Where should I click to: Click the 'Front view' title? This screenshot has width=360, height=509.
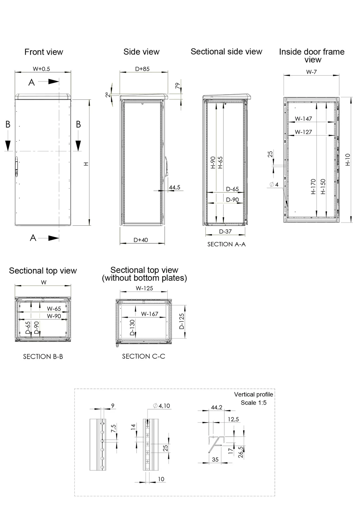[x=44, y=52]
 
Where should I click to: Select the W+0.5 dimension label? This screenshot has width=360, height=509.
[x=41, y=69]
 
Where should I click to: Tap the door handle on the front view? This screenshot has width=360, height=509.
[x=16, y=166]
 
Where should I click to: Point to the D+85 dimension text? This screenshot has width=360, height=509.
[x=142, y=69]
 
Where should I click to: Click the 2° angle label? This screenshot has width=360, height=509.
[x=108, y=95]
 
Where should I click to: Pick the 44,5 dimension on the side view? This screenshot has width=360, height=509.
[x=174, y=187]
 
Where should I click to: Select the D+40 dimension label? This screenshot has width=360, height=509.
[x=141, y=240]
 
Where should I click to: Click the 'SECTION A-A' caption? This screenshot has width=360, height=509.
[x=226, y=244]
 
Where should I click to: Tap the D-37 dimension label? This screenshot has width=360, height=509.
[x=225, y=231]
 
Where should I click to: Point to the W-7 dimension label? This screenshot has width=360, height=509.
[x=311, y=72]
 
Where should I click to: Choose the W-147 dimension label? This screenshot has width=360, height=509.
[x=303, y=119]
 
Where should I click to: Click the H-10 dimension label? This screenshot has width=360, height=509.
[x=348, y=159]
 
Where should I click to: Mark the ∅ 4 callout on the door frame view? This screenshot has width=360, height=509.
[x=274, y=184]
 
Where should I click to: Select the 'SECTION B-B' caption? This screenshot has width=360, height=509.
[x=43, y=357]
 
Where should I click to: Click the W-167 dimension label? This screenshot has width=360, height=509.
[x=150, y=314]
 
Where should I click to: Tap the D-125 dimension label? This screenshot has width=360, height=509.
[x=182, y=321]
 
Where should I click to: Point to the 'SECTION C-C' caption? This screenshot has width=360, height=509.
[x=144, y=356]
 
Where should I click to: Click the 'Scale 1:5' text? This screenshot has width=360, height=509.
[x=254, y=403]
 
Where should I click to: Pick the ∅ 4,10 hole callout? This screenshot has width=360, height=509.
[x=162, y=406]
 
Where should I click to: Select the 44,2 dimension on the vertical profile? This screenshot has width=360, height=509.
[x=216, y=408]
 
